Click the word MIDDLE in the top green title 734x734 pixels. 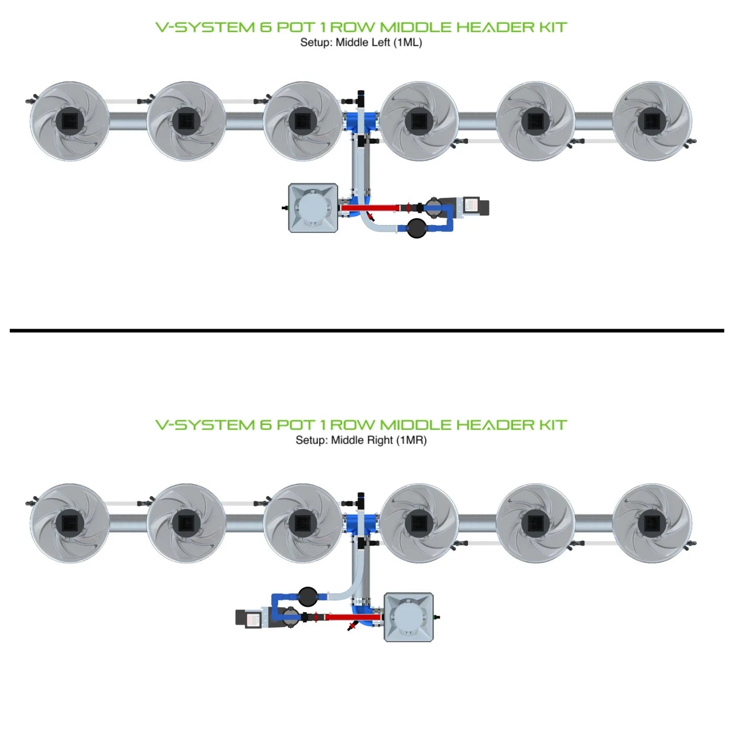(415, 27)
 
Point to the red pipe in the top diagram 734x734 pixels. (370, 208)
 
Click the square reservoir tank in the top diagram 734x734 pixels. (313, 208)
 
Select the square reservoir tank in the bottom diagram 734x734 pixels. (408, 617)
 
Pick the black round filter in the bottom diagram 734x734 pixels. (307, 596)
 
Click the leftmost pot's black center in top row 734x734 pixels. (69, 121)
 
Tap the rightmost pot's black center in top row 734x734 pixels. (652, 121)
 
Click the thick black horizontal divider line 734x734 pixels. (367, 331)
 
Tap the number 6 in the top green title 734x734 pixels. (266, 27)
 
